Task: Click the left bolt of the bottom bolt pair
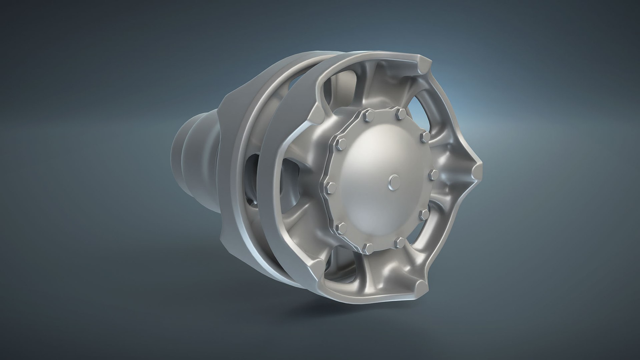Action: pyautogui.click(x=368, y=247)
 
